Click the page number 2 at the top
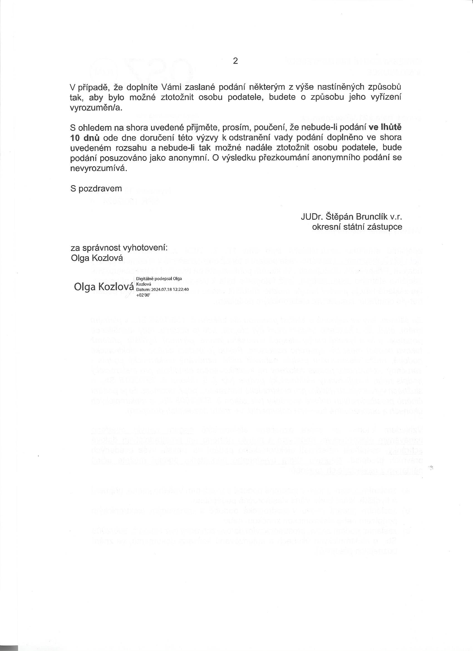pos(235,61)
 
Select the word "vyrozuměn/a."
pos(96,108)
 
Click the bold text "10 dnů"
pos(85,138)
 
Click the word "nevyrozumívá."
pos(98,168)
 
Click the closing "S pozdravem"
pos(96,189)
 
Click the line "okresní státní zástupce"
pos(357,227)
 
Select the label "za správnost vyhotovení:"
pos(119,248)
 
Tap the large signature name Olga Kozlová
pos(104,287)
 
